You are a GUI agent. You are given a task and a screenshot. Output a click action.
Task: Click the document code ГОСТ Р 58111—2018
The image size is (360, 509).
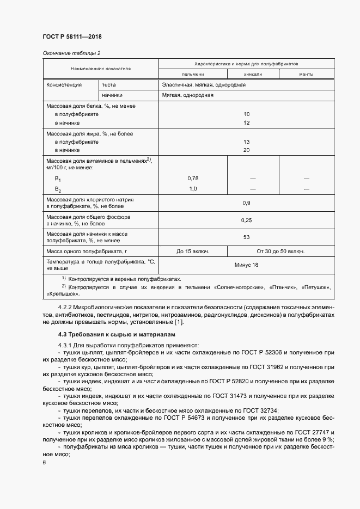click(x=72, y=36)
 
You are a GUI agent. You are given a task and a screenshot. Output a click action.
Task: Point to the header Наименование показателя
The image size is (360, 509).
click(x=101, y=69)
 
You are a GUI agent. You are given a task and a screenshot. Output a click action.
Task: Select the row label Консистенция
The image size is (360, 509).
click(x=64, y=85)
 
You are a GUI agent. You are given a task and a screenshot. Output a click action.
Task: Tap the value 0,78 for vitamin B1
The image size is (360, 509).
click(x=193, y=179)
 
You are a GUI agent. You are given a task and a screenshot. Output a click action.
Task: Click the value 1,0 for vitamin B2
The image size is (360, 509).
click(x=193, y=188)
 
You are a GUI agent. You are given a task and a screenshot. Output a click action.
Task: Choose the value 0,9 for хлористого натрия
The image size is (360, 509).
click(x=246, y=203)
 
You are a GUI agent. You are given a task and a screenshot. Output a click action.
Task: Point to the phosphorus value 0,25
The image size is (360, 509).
click(x=246, y=220)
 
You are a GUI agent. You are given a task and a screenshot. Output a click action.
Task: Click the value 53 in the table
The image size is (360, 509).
click(x=246, y=237)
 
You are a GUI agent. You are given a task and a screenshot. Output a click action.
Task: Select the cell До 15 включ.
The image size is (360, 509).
click(x=193, y=252)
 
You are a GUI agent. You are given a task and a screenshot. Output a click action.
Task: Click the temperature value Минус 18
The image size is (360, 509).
click(x=246, y=265)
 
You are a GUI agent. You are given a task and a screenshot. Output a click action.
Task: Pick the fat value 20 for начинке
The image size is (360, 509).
click(x=246, y=149)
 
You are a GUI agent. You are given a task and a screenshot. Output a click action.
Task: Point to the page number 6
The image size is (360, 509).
click(x=44, y=462)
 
